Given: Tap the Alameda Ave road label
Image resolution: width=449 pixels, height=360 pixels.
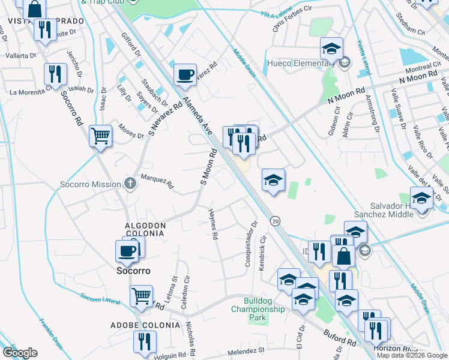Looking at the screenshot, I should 197,114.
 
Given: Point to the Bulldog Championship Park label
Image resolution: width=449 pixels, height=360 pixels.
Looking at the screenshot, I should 264,309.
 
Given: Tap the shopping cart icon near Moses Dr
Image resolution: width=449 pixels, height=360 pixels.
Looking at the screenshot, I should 100,135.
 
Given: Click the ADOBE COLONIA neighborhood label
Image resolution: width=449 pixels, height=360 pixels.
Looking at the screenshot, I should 145,325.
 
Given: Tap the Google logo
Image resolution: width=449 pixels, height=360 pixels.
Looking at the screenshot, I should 20,353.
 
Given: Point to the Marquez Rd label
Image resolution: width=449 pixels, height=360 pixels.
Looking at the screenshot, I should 156,181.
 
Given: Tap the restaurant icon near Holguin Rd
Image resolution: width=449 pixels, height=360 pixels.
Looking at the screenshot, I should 144,342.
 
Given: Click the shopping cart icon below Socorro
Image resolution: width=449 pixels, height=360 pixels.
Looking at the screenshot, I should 141,295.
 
